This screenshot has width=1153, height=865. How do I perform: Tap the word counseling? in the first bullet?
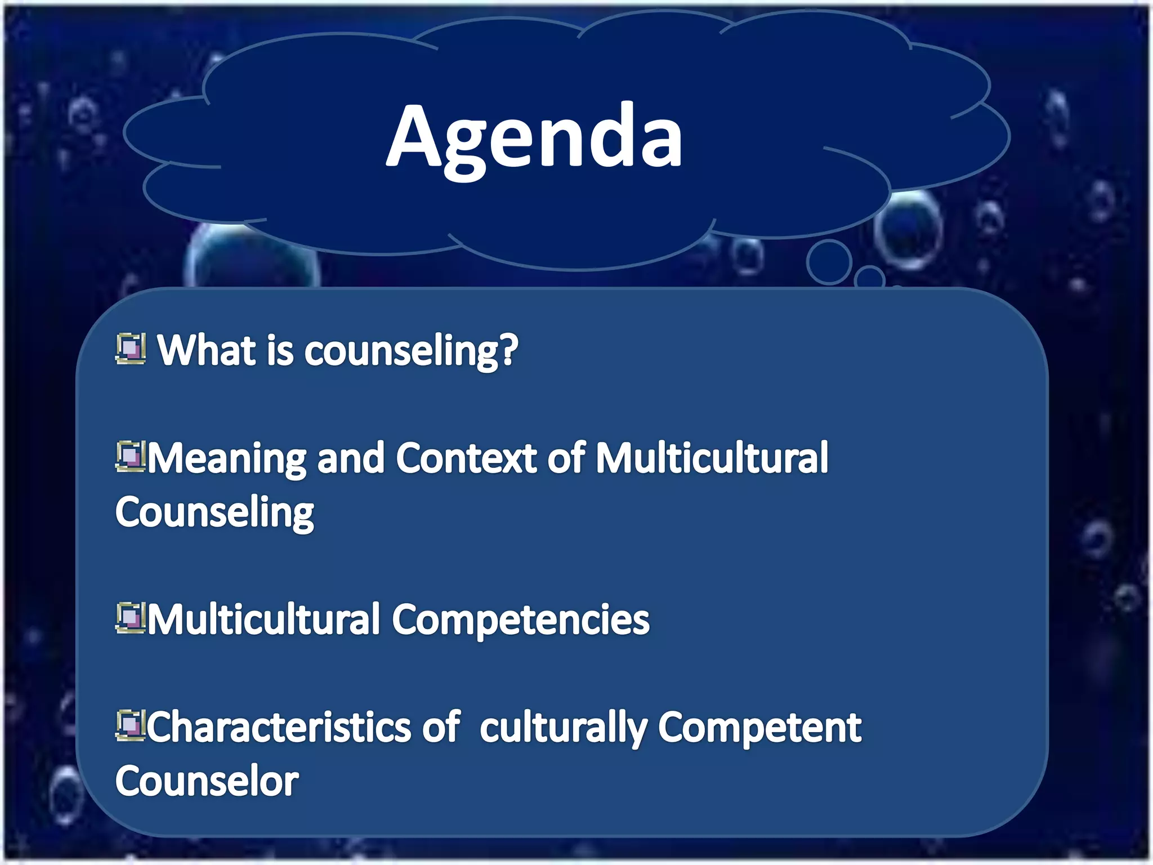pyautogui.click(x=411, y=351)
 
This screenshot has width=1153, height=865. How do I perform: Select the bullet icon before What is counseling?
pyautogui.click(x=131, y=349)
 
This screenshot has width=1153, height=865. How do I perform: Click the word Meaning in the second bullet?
pyautogui.click(x=227, y=458)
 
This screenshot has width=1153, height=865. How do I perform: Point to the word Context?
pyautogui.click(x=467, y=457)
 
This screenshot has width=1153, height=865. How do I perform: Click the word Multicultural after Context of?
pyautogui.click(x=712, y=457)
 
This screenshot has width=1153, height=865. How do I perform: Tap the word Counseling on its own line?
pyautogui.click(x=214, y=512)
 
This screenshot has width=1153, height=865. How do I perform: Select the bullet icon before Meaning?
pyautogui.click(x=130, y=456)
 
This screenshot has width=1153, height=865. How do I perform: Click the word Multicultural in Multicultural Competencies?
pyautogui.click(x=264, y=619)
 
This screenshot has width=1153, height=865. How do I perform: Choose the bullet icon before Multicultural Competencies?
pyautogui.click(x=130, y=618)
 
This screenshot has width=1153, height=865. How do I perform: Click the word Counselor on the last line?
pyautogui.click(x=207, y=781)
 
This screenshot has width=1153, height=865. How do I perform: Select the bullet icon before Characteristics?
pyautogui.click(x=130, y=725)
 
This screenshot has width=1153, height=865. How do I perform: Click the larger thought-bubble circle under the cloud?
pyautogui.click(x=828, y=262)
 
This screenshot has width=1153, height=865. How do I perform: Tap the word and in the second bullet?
pyautogui.click(x=351, y=458)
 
